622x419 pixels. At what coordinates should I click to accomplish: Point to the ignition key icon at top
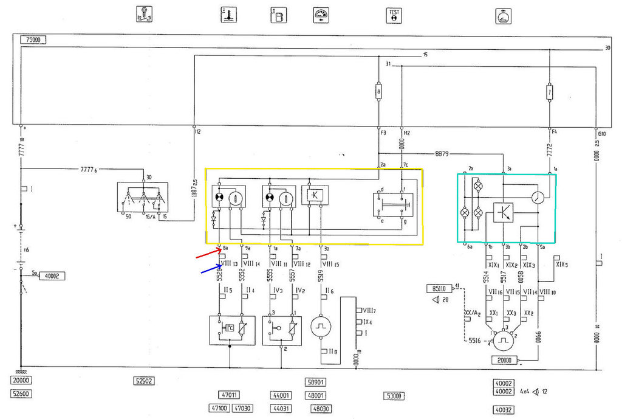(146, 15)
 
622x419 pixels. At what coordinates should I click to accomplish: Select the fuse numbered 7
(549, 92)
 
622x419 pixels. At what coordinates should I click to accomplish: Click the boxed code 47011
(230, 395)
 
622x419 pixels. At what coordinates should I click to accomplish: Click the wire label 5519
(320, 277)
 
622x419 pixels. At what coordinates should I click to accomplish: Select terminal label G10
(602, 132)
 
